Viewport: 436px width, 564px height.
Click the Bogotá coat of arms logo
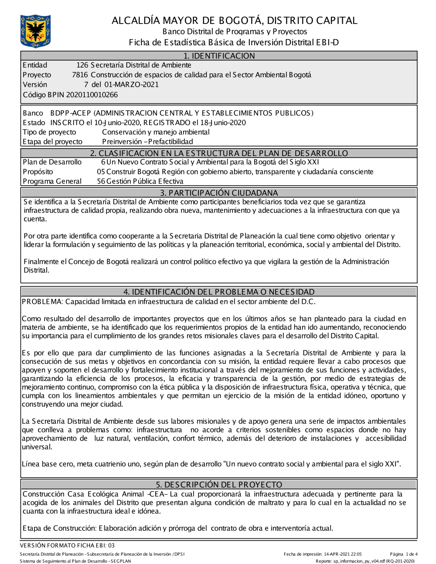click(x=35, y=31)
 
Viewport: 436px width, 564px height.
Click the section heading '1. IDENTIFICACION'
click(x=219, y=56)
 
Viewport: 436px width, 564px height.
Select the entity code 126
click(x=82, y=65)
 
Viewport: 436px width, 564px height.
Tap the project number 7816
click(x=80, y=75)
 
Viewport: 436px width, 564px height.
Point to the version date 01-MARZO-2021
click(x=131, y=85)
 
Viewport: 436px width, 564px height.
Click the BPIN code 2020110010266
click(x=89, y=95)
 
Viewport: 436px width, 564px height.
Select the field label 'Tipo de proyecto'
click(x=49, y=132)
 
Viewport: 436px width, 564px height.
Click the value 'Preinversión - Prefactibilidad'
click(x=147, y=142)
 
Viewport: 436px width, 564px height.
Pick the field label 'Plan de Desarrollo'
click(x=52, y=162)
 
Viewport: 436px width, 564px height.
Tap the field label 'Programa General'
click(x=52, y=181)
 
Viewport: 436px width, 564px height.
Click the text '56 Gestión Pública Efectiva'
click(x=140, y=181)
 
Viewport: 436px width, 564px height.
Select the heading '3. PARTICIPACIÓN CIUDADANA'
click(x=219, y=193)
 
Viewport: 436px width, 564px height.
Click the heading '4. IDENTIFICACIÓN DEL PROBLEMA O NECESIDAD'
click(x=219, y=292)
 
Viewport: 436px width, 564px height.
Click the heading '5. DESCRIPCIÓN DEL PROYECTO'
click(x=219, y=484)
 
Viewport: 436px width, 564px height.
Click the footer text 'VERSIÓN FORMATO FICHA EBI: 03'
click(x=67, y=545)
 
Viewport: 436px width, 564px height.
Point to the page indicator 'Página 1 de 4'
click(x=404, y=554)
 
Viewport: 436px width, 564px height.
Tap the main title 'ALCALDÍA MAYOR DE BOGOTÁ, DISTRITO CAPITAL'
click(x=234, y=20)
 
